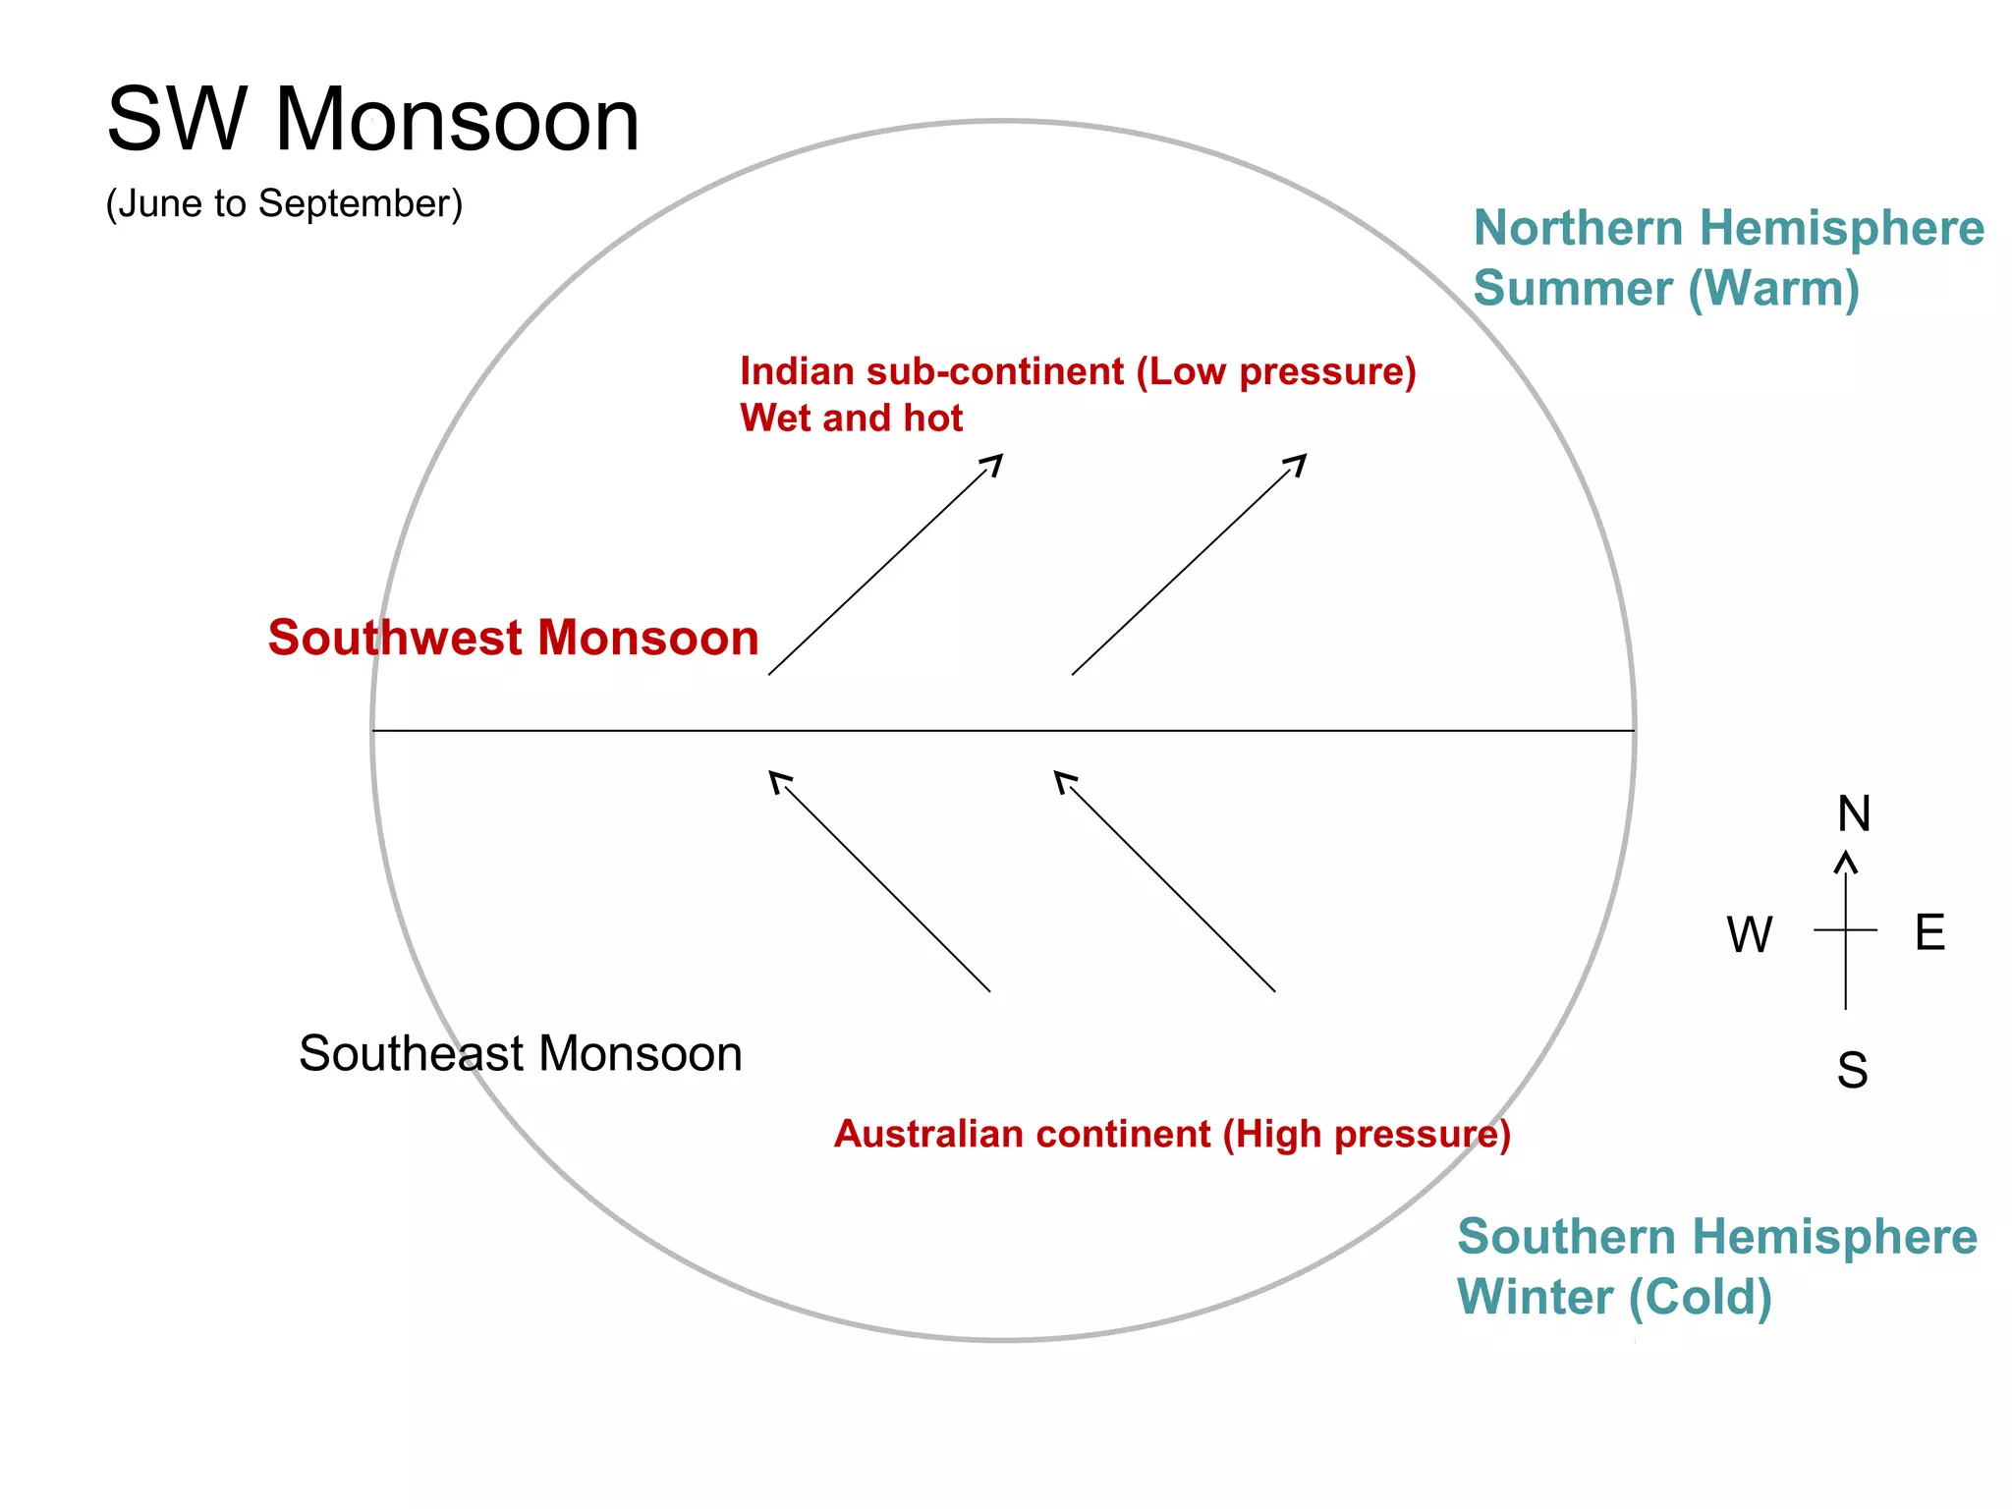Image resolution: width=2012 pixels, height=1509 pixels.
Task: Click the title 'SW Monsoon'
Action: (x=373, y=120)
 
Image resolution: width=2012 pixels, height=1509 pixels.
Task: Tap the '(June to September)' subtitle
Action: (x=284, y=203)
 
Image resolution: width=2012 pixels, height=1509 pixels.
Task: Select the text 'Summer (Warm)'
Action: (x=1666, y=289)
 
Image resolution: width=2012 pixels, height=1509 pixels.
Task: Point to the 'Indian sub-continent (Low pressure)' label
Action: (x=1078, y=371)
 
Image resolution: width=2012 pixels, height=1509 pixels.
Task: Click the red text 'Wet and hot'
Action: (x=851, y=419)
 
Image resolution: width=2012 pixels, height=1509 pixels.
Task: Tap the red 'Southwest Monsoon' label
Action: (x=513, y=638)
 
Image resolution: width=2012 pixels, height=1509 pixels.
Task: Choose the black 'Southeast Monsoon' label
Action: (x=520, y=1054)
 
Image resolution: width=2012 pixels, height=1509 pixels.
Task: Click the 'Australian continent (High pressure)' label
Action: (x=1171, y=1134)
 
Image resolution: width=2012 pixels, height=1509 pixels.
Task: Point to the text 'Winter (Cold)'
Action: (x=1614, y=1297)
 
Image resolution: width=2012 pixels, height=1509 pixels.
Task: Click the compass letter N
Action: (x=1854, y=813)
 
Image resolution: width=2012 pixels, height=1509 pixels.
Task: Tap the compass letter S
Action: (x=1852, y=1070)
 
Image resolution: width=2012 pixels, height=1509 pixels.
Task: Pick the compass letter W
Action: (x=1750, y=934)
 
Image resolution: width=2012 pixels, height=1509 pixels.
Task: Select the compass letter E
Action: (x=1929, y=932)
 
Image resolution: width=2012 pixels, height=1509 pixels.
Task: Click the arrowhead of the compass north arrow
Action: (x=1846, y=861)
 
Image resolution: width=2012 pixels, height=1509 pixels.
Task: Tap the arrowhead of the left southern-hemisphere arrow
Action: (x=776, y=778)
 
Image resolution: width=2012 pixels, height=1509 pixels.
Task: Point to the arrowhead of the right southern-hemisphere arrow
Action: (x=1061, y=778)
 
